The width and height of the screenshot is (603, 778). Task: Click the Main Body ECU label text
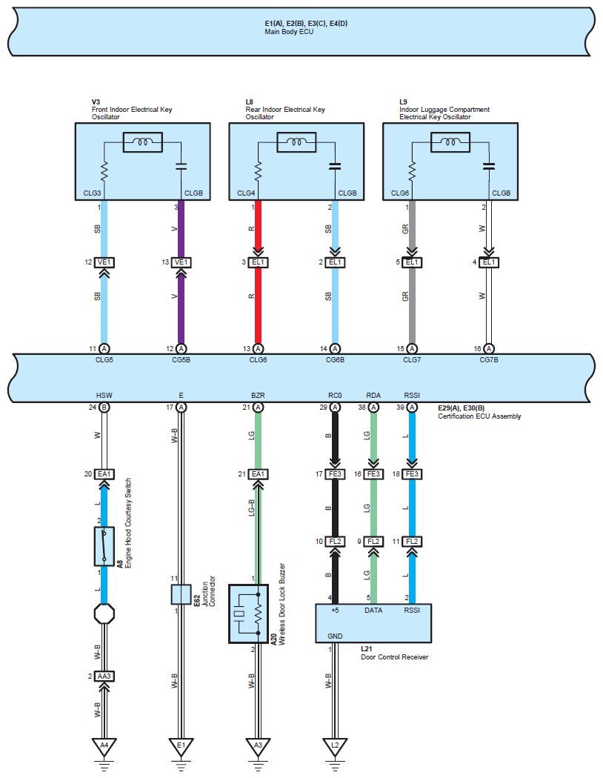[x=289, y=32]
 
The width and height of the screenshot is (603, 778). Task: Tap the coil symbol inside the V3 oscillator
[x=143, y=142]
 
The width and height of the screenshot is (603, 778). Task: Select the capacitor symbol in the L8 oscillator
[x=336, y=166]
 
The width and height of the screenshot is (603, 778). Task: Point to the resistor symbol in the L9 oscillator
[x=412, y=171]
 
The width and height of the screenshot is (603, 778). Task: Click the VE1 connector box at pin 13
[x=181, y=262]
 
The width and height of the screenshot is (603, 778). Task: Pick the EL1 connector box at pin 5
[x=412, y=262]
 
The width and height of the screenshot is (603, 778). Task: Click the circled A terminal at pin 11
[x=104, y=349]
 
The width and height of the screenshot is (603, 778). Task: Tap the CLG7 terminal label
[x=412, y=359]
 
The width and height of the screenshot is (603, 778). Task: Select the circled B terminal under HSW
[x=104, y=408]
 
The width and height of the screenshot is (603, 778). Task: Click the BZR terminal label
[x=258, y=396]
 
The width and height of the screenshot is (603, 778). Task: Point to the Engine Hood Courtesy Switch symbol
[x=104, y=546]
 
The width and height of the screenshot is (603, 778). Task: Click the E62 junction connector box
[x=181, y=594]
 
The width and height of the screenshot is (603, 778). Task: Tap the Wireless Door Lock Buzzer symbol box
[x=248, y=614]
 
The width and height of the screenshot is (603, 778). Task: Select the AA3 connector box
[x=104, y=676]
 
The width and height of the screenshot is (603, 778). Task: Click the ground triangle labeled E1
[x=181, y=747]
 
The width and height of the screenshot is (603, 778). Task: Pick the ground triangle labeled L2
[x=335, y=747]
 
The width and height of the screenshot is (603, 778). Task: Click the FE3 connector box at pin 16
[x=373, y=474]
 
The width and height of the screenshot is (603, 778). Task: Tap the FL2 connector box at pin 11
[x=412, y=542]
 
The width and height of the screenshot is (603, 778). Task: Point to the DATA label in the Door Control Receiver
[x=373, y=611]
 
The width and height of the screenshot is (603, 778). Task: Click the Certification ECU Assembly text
[x=479, y=416]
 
